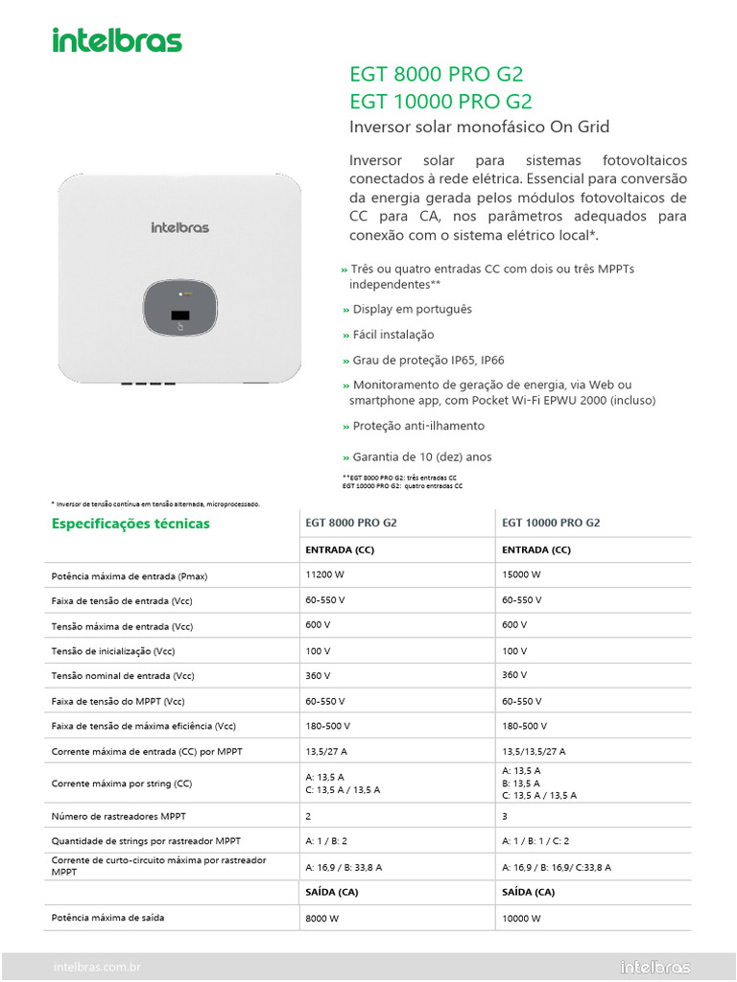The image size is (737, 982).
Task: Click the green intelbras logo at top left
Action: coord(116,40)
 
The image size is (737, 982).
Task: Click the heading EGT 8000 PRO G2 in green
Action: coord(436,76)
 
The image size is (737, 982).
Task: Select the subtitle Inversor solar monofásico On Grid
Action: coord(479,128)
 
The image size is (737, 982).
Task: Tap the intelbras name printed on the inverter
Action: coord(179,227)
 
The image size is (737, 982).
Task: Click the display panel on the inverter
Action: coord(179,309)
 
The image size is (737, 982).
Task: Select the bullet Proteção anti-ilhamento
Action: coord(418,426)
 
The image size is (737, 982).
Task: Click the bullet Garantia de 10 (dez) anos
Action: coord(421,457)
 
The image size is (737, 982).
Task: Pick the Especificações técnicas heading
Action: coord(131,524)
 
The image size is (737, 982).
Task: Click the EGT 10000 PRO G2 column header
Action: coord(551,524)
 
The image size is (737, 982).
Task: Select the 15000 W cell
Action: coord(522,574)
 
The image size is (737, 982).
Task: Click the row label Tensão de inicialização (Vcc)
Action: coord(113,651)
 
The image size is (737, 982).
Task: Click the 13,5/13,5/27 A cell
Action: coord(534,752)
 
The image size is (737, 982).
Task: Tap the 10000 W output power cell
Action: coord(522,918)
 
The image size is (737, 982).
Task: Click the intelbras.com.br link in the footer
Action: coord(98,968)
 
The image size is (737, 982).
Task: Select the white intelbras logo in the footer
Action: coord(655,967)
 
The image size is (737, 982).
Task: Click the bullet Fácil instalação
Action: coord(392,335)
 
